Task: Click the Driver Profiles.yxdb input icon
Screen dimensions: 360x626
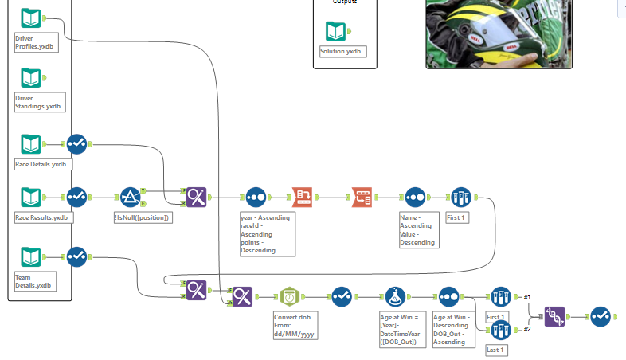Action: tap(30, 18)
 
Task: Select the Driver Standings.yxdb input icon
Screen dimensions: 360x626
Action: tap(30, 77)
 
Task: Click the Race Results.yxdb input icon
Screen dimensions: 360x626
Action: tap(30, 196)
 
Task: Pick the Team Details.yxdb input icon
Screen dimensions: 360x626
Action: tap(30, 257)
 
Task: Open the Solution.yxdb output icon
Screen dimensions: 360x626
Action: tap(335, 32)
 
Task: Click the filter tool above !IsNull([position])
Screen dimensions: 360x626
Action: tap(131, 197)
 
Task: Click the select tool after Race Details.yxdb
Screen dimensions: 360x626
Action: tap(76, 144)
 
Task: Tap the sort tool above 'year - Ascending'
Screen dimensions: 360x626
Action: tap(255, 197)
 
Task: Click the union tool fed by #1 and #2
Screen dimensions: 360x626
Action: tap(555, 317)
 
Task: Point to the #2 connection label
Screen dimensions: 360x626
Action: tap(526, 328)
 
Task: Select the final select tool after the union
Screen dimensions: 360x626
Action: tap(601, 317)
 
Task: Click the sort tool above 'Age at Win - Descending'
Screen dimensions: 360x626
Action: tap(448, 297)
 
